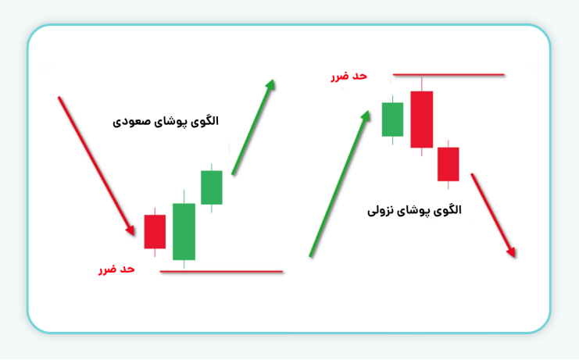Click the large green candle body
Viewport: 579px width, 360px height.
point(184,232)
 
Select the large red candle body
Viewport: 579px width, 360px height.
point(421,119)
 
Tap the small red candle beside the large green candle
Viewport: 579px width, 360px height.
point(155,231)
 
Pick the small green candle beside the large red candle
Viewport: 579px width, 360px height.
point(392,119)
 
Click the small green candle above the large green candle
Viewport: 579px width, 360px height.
point(212,187)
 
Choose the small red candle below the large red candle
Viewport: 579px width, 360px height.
point(448,164)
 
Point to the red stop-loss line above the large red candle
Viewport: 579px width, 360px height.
point(449,75)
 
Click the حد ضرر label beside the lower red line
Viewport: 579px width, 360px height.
point(116,269)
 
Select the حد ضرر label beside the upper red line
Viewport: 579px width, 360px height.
point(349,76)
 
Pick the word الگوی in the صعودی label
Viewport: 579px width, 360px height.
point(205,121)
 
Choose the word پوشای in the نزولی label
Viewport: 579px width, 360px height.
point(420,210)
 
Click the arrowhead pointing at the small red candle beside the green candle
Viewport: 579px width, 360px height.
point(129,230)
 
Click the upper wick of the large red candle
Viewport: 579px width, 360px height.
point(421,83)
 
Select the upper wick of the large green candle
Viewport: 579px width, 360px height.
point(184,196)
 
